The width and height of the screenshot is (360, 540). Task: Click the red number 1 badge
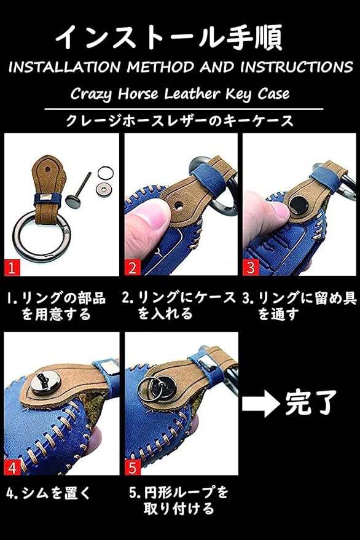[12, 268]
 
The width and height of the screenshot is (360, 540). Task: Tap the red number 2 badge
[133, 268]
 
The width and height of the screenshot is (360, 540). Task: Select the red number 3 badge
[251, 268]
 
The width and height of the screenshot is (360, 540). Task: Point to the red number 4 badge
[12, 468]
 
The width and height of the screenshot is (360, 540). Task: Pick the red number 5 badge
[133, 468]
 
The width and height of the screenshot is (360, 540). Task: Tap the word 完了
[311, 403]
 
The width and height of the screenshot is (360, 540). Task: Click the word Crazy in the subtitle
[90, 94]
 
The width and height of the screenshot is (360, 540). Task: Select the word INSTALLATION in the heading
[65, 67]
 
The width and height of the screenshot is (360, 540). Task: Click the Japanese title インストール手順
[169, 38]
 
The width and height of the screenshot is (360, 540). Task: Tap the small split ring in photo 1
[105, 173]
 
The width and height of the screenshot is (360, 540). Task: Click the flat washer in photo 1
[102, 188]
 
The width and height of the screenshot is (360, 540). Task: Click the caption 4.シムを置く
[49, 493]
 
